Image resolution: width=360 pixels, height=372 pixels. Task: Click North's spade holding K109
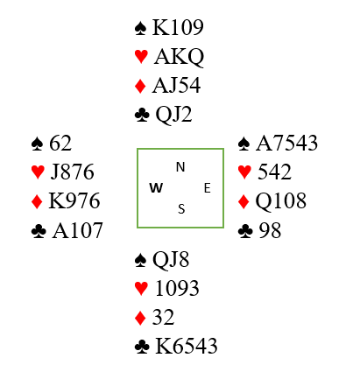coord(178,28)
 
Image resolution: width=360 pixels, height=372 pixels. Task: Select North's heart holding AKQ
coord(179,57)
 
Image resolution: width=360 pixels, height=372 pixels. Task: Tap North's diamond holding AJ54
coord(176,86)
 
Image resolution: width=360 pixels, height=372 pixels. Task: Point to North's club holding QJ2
coord(173,115)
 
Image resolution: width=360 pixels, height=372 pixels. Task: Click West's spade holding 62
coord(60,143)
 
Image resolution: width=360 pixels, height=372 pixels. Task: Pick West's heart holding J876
coord(73,172)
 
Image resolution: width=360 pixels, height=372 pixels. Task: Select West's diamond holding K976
coord(74,200)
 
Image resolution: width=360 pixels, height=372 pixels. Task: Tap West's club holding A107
coord(77,230)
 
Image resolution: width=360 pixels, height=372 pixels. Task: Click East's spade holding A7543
coord(286,143)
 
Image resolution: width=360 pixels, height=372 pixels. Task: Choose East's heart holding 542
coord(274,172)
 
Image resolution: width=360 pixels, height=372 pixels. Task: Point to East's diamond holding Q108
coord(281,201)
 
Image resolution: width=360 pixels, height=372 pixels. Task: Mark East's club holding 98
coord(270,230)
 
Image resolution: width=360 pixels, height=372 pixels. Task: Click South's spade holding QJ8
coord(171,260)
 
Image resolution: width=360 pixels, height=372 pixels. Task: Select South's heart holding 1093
coord(177,288)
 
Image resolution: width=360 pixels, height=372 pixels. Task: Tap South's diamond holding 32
coord(163,317)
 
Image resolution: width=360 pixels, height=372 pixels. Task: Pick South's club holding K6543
coord(187,346)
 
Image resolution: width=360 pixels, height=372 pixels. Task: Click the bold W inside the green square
coord(156,188)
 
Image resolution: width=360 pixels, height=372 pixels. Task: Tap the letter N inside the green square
coord(180,167)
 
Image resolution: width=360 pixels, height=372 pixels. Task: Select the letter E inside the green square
coord(208,188)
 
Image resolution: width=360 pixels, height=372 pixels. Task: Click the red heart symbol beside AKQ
coord(141,57)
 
